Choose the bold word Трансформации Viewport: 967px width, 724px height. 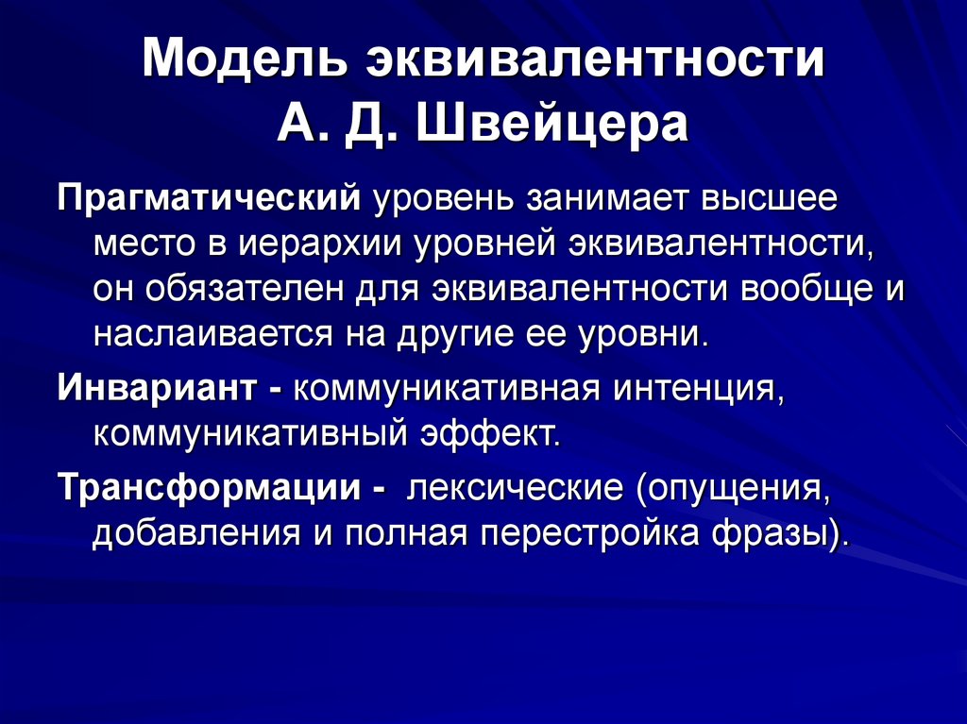point(209,488)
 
